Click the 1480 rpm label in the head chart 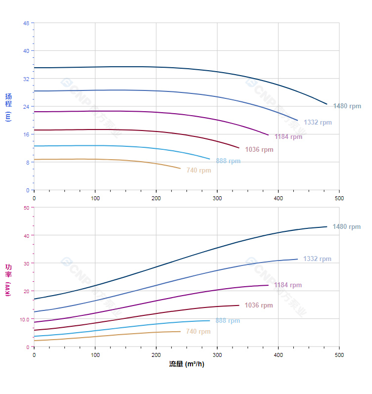pyautogui.click(x=347, y=106)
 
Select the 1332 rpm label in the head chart pyautogui.click(x=318, y=122)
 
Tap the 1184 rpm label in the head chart pyautogui.click(x=288, y=137)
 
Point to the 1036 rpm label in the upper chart pyautogui.click(x=259, y=150)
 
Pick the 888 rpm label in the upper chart pyautogui.click(x=228, y=161)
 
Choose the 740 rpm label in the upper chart pyautogui.click(x=199, y=171)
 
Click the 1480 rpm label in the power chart pyautogui.click(x=347, y=227)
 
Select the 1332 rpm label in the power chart pyautogui.click(x=317, y=259)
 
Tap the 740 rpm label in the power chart pyautogui.click(x=198, y=332)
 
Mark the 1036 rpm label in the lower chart pyautogui.click(x=259, y=306)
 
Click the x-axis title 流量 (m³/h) pyautogui.click(x=186, y=364)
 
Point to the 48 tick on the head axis pyautogui.click(x=26, y=23)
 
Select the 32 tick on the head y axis pyautogui.click(x=26, y=79)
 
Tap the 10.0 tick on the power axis pyautogui.click(x=24, y=319)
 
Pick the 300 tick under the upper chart pyautogui.click(x=217, y=198)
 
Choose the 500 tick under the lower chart pyautogui.click(x=339, y=355)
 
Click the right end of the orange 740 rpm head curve pyautogui.click(x=181, y=169)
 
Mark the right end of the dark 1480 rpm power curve pyautogui.click(x=327, y=227)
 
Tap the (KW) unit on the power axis pyautogui.click(x=8, y=288)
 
